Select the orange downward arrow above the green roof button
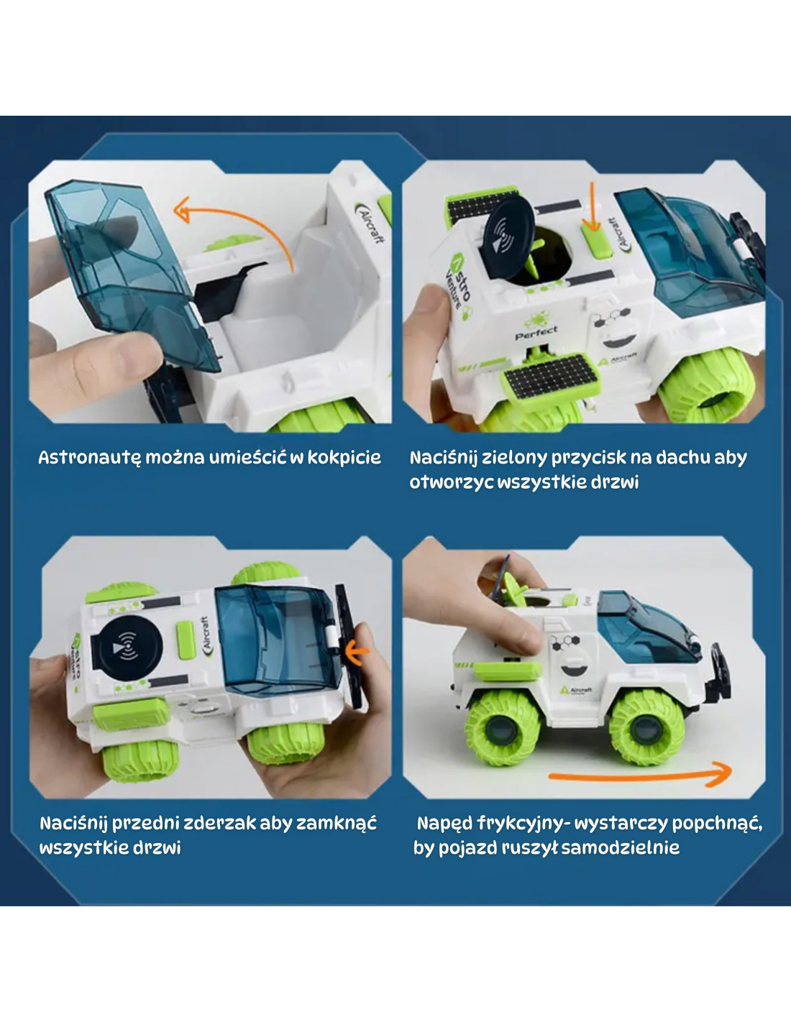pos(593,206)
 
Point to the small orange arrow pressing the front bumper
pos(357,652)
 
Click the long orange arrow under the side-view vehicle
pos(640,776)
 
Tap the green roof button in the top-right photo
pos(596,241)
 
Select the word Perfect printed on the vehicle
pos(536,333)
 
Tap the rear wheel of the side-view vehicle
pos(503,734)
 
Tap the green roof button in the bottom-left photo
pos(185,639)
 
